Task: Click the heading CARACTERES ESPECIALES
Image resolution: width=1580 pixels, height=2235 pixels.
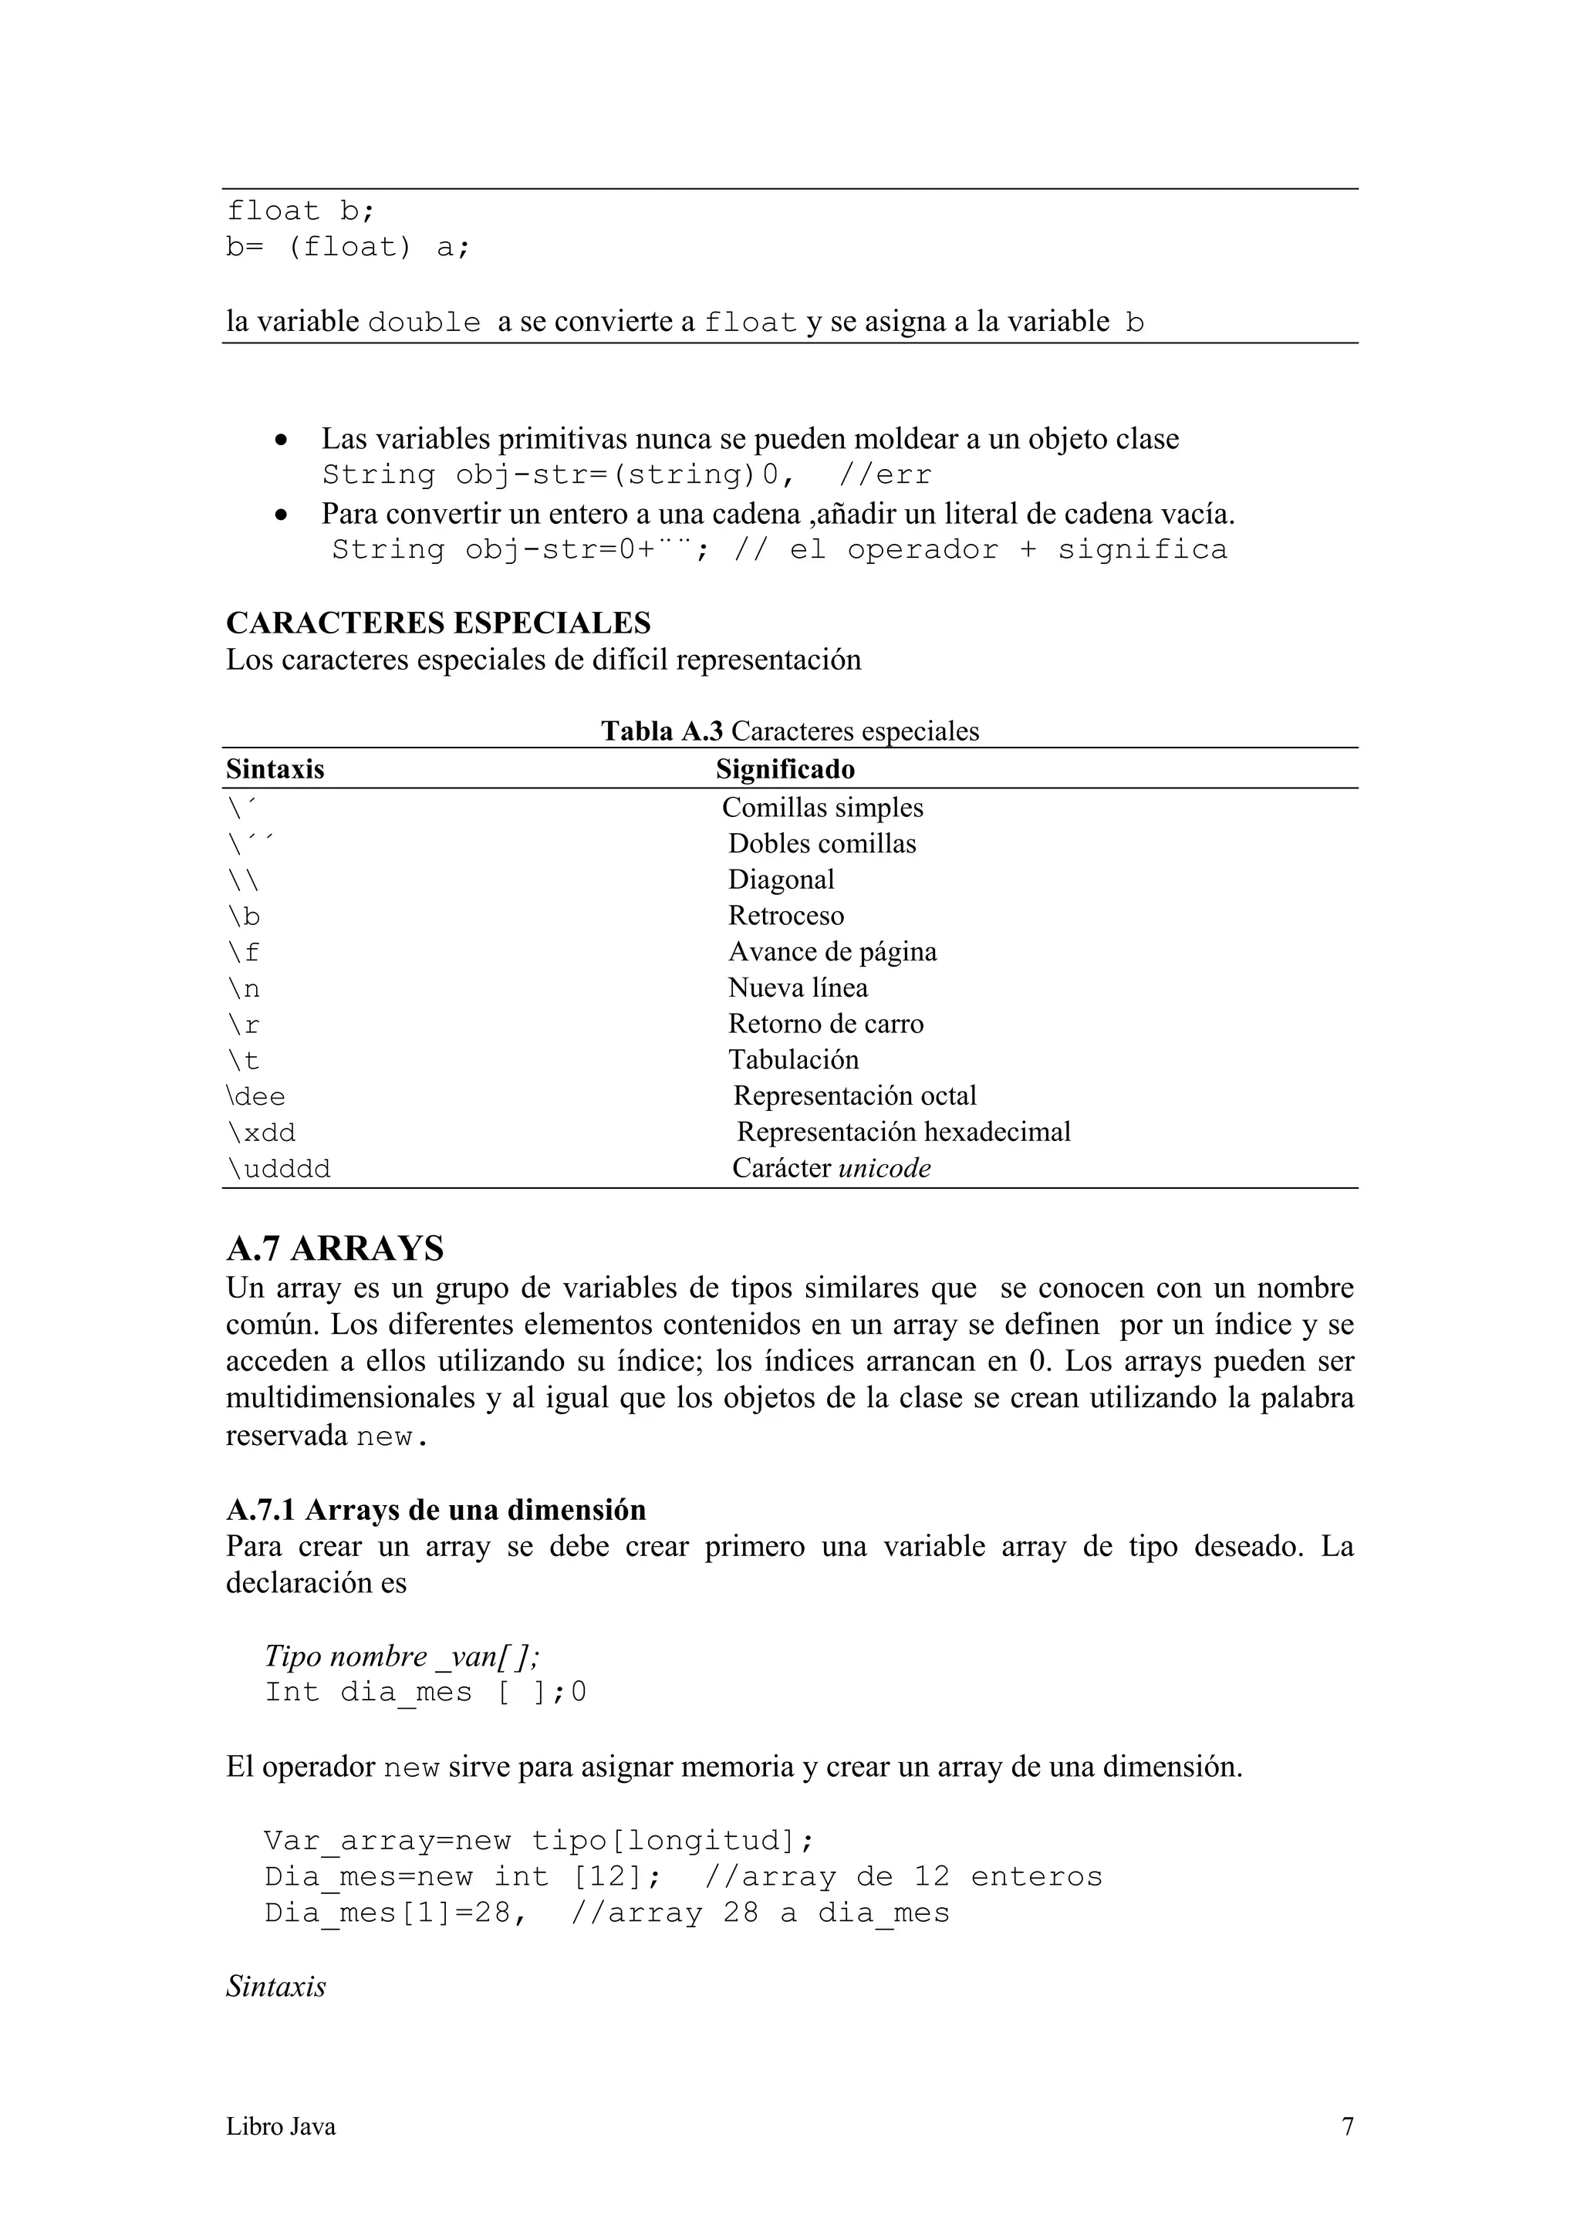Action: click(x=438, y=623)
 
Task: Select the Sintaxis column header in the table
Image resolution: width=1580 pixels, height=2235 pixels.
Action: click(x=275, y=770)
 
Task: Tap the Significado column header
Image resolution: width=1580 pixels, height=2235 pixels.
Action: click(x=785, y=770)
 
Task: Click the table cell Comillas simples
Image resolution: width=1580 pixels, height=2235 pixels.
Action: click(x=822, y=808)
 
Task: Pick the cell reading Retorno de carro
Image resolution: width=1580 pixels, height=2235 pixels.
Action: click(x=825, y=1024)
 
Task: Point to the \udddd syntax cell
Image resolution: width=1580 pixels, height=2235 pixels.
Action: click(x=279, y=1169)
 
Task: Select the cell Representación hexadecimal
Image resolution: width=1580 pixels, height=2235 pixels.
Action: click(x=903, y=1132)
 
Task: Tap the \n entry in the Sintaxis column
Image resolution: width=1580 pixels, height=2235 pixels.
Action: click(x=243, y=989)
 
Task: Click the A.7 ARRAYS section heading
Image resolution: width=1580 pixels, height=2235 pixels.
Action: click(x=335, y=1249)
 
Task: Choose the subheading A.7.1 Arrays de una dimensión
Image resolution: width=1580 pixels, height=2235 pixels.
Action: click(x=436, y=1510)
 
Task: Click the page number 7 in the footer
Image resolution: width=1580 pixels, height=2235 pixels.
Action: click(x=1347, y=2127)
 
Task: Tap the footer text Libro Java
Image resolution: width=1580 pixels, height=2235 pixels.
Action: click(x=280, y=2127)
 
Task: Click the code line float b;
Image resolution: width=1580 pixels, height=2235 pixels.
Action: click(x=300, y=211)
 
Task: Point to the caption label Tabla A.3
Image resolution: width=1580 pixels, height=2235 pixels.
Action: click(x=661, y=731)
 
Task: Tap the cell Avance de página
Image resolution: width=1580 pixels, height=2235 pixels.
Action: click(x=832, y=952)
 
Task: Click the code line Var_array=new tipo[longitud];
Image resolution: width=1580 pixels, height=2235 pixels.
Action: click(x=538, y=1841)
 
